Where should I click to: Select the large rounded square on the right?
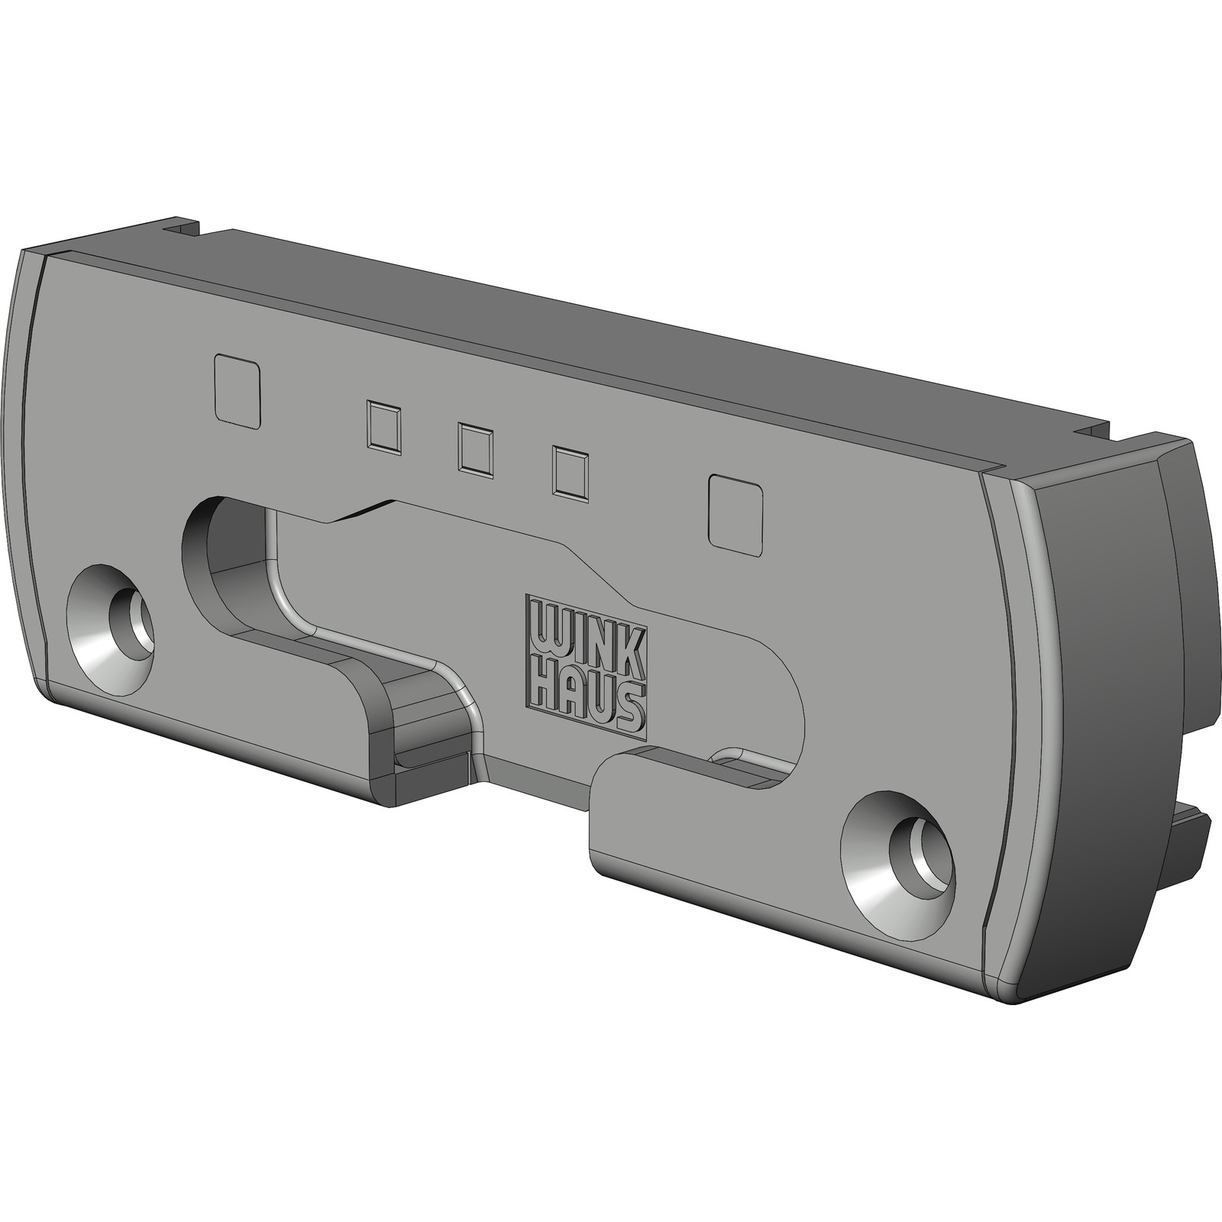point(737,512)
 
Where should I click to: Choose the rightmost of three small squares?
point(571,474)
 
